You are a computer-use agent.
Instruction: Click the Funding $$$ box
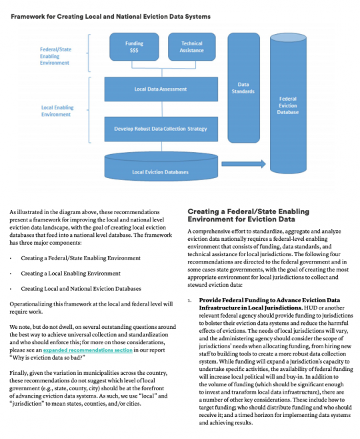(x=134, y=47)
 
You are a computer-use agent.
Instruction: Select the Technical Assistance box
(x=191, y=47)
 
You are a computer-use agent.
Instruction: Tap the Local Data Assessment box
(x=161, y=89)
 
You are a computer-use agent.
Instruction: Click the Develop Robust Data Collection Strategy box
(x=161, y=129)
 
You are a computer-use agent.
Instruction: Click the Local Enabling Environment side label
(x=57, y=110)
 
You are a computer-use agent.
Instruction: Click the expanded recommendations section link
(x=78, y=350)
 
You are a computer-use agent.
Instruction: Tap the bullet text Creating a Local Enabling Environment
(x=71, y=273)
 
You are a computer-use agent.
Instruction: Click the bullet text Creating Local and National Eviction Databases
(x=81, y=289)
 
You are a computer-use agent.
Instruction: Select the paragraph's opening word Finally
(x=19, y=373)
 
